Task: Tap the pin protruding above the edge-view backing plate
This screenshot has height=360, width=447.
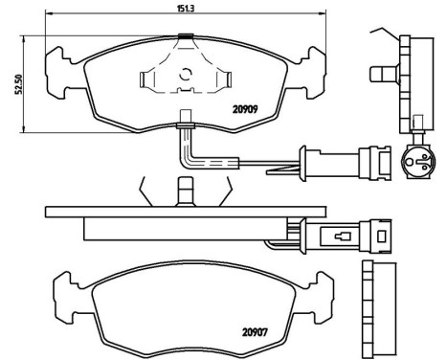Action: coord(184,191)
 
